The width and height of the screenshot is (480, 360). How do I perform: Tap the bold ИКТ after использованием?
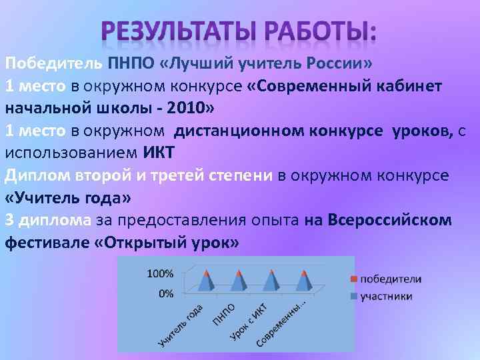click(159, 152)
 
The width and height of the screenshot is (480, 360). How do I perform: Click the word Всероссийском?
click(389, 219)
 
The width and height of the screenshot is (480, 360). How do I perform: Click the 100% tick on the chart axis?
click(160, 274)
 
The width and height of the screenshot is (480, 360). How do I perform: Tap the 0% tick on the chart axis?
click(166, 293)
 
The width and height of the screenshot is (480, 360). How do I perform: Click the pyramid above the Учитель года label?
click(207, 281)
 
